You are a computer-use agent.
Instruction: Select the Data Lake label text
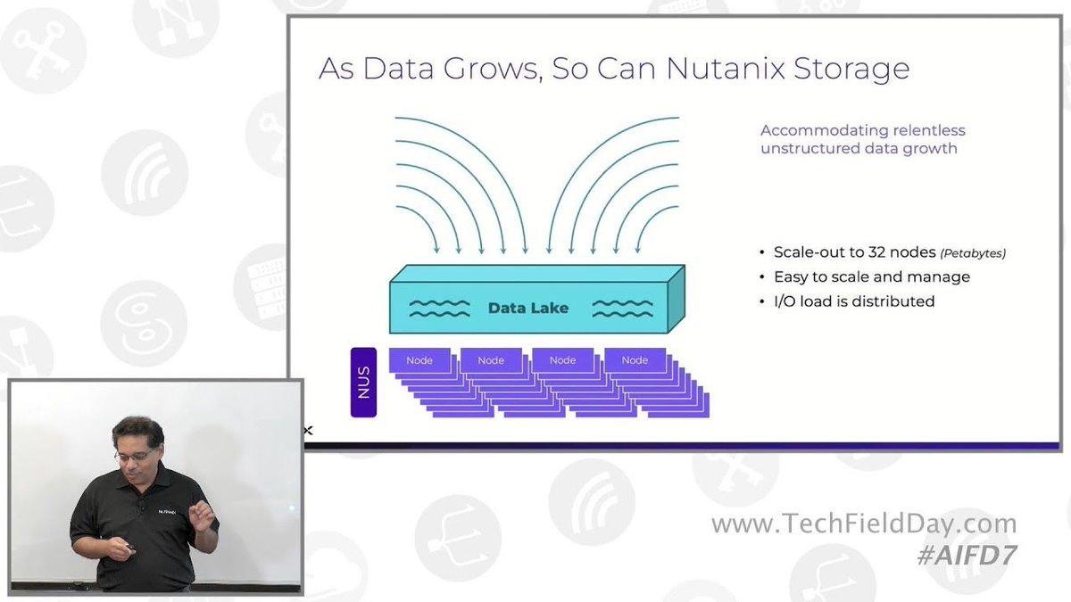[x=528, y=309]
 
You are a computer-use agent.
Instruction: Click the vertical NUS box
[x=363, y=383]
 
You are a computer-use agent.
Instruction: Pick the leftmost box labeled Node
[x=419, y=360]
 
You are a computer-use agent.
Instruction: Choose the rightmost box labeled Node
[x=635, y=360]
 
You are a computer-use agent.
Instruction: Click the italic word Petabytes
[x=973, y=254]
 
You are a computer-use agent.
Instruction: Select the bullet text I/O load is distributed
[x=854, y=301]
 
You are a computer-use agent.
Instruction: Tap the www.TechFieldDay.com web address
[x=863, y=524]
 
